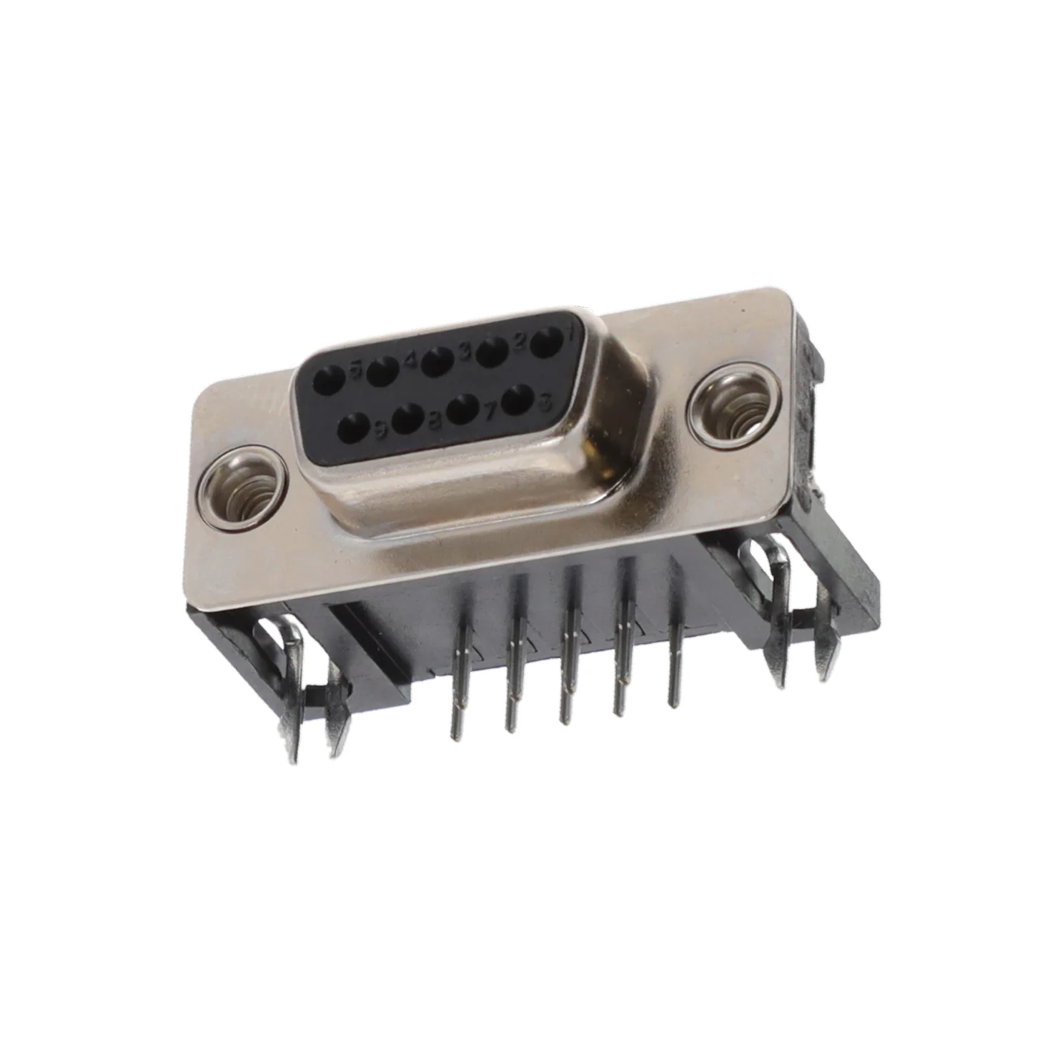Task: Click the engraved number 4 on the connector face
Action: (410, 360)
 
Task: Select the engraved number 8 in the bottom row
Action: (434, 422)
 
